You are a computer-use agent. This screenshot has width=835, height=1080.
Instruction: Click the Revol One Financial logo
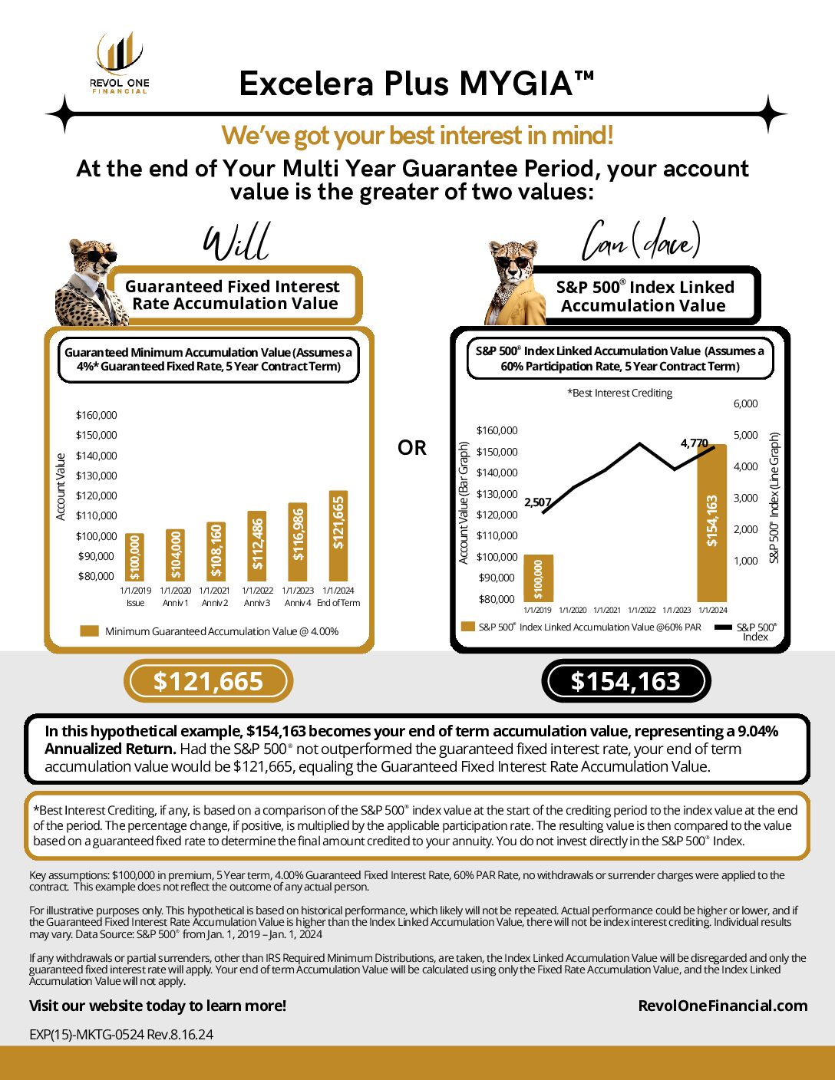(119, 63)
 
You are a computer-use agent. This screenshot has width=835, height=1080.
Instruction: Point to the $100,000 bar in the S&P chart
(538, 578)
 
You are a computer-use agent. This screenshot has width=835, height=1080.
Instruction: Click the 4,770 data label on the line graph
(694, 443)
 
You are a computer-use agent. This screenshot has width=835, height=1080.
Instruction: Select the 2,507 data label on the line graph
(537, 502)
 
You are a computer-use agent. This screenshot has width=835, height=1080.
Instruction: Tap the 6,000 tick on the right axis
(745, 403)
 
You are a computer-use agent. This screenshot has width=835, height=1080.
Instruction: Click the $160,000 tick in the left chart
(97, 415)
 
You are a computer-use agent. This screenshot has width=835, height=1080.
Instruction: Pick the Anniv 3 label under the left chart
(257, 603)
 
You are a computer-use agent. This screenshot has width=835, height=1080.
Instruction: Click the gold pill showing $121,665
(208, 681)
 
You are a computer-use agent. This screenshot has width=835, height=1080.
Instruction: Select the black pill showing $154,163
(625, 681)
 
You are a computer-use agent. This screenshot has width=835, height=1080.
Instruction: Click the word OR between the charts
(412, 448)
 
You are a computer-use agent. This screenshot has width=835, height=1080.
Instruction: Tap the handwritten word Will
(236, 242)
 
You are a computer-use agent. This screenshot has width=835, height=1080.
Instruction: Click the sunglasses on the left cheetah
(100, 257)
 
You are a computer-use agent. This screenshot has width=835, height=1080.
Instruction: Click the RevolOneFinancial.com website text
(722, 1006)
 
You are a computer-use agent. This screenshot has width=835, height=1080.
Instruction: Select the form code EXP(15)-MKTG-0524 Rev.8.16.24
(121, 1034)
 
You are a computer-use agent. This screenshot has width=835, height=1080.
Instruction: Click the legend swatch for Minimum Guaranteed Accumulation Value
(90, 631)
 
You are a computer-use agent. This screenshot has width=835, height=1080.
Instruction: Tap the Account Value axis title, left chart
(61, 487)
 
